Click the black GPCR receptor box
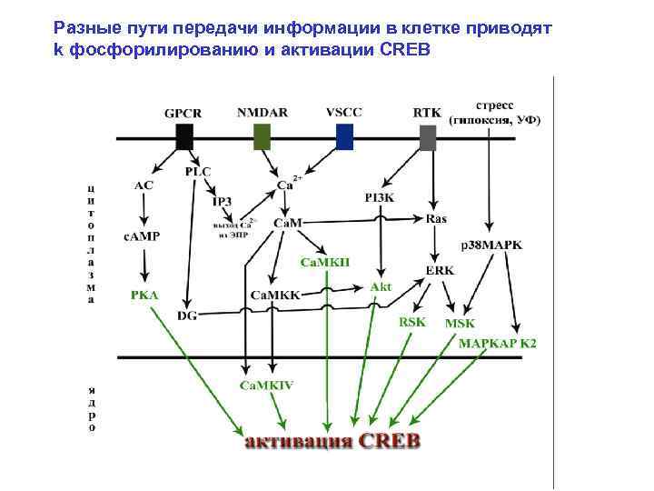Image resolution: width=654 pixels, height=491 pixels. pos(184,137)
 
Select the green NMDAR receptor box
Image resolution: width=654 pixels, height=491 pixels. pos(262,137)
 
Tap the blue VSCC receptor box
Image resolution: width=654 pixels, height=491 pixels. pos(344,137)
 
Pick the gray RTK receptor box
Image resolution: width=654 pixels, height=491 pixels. pos(428,137)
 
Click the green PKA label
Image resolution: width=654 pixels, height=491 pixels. pos(144,295)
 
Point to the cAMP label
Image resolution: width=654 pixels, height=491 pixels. pos(142,236)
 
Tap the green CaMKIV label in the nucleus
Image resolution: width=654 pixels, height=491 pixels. pos(266,385)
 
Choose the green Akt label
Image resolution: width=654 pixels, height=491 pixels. pos(381,286)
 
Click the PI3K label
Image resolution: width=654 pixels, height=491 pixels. pos(379,196)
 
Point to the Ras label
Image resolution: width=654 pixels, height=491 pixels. pos(436,219)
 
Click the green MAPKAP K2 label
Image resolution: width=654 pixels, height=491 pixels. pos(497,344)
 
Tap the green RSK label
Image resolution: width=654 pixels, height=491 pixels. pos(412,321)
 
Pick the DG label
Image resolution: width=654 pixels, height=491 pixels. pos(187,315)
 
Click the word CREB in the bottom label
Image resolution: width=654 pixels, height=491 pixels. pos(390,441)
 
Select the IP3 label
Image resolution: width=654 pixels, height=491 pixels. pos(223,201)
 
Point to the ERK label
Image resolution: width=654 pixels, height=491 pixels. pos(440,270)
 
